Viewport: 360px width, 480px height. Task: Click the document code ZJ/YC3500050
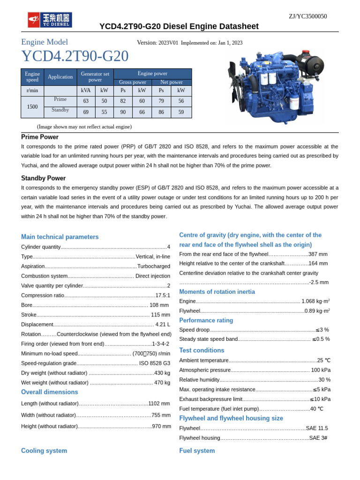pyautogui.click(x=307, y=16)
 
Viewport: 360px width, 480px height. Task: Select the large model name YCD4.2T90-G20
pyautogui.click(x=75, y=57)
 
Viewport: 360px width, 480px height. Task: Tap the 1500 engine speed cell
pyautogui.click(x=32, y=107)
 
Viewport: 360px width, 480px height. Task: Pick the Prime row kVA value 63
pyautogui.click(x=86, y=101)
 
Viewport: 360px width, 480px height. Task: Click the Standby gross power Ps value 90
pyautogui.click(x=123, y=112)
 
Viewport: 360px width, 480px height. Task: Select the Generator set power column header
pyautogui.click(x=95, y=77)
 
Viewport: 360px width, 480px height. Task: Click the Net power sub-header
pyautogui.click(x=172, y=82)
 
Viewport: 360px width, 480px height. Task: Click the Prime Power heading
pyautogui.click(x=40, y=137)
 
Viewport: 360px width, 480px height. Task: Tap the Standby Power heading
pyautogui.click(x=43, y=178)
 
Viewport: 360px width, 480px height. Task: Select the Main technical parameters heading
pyautogui.click(x=60, y=237)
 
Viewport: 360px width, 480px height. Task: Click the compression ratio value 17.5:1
pyautogui.click(x=163, y=295)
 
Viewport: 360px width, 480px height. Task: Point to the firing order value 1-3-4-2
pyautogui.click(x=161, y=344)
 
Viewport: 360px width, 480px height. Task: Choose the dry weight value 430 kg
pyautogui.click(x=162, y=373)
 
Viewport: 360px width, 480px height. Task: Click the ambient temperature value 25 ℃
pyautogui.click(x=323, y=360)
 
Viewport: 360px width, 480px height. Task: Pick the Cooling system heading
pyautogui.click(x=44, y=450)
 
